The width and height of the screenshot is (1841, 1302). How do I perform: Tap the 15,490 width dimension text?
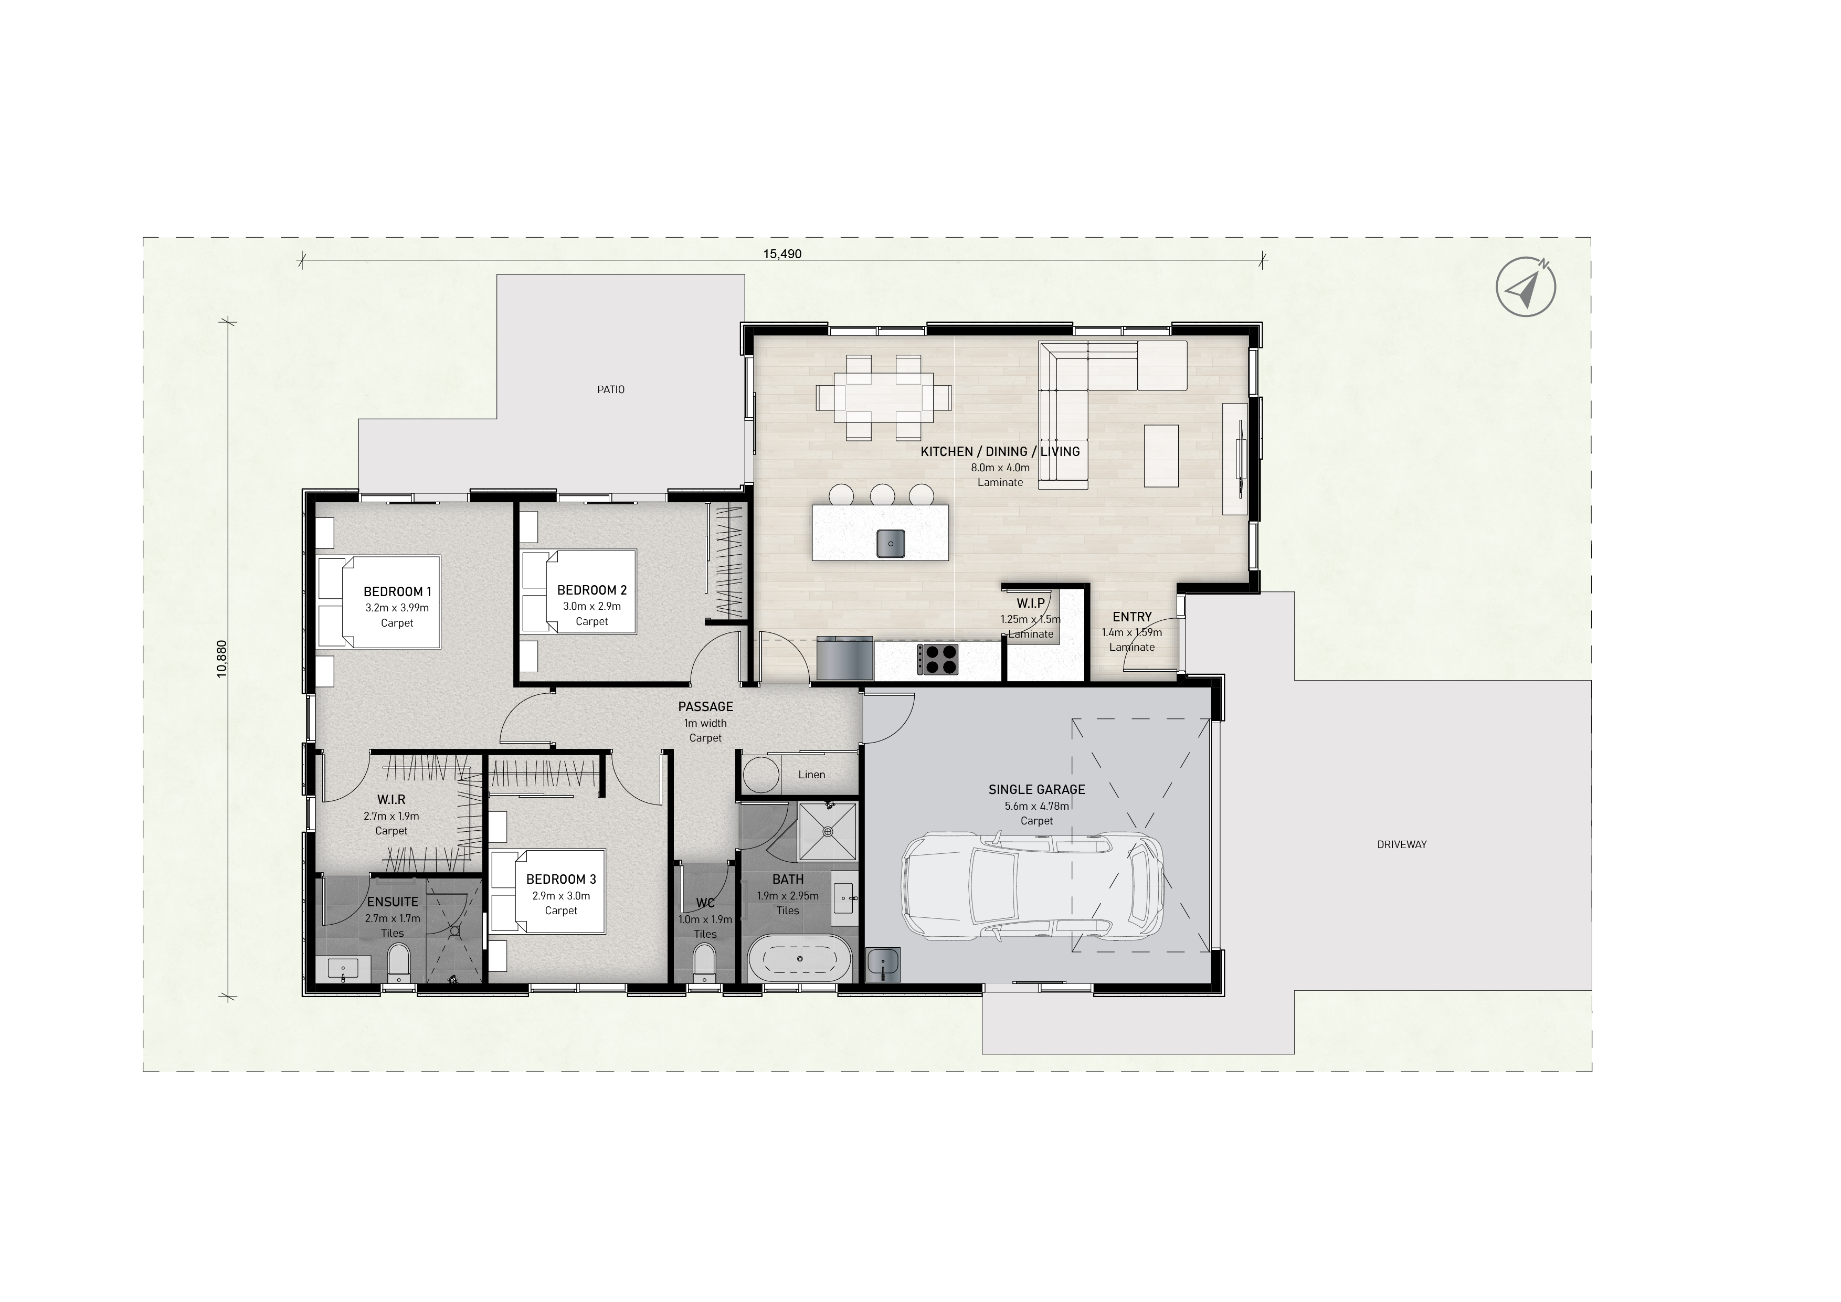coord(782,254)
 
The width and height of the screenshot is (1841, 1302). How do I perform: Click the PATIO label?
coord(610,389)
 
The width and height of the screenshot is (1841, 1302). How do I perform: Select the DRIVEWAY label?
coord(1402,844)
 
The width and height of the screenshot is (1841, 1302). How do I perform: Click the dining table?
coord(884,398)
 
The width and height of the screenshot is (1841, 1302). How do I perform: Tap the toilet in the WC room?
coord(704,963)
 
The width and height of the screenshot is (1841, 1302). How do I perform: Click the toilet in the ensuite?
coord(398,963)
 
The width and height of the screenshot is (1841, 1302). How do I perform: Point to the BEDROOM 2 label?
coord(592,590)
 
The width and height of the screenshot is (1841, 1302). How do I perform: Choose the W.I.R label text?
coord(392,800)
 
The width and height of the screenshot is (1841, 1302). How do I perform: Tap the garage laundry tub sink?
coord(884,964)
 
